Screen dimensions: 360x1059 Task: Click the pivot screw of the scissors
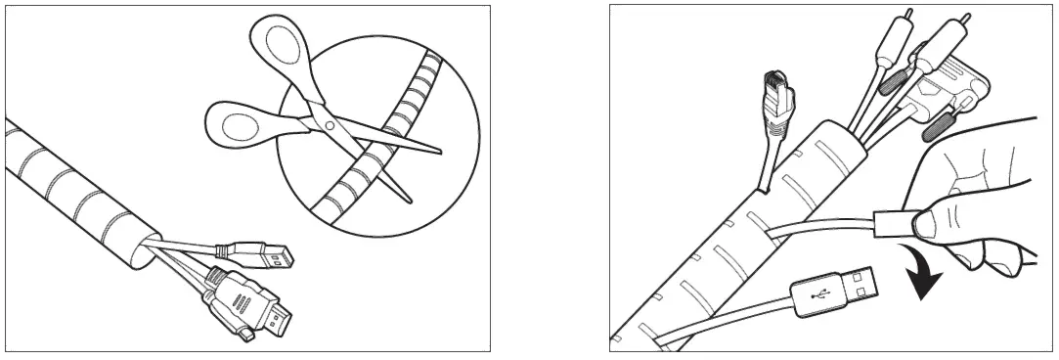[330, 126]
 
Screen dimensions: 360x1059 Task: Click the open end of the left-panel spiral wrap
[146, 249]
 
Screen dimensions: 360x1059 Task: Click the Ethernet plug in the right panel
[777, 98]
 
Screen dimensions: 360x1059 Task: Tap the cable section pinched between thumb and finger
[884, 223]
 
